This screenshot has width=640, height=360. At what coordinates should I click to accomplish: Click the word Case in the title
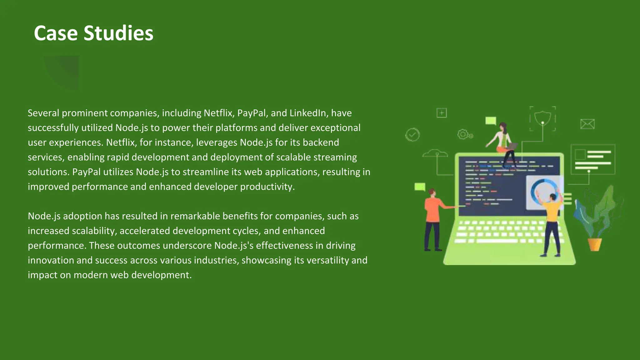point(56,33)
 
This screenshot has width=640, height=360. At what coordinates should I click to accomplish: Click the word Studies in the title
point(118,33)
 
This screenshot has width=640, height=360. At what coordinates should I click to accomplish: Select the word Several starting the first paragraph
point(43,113)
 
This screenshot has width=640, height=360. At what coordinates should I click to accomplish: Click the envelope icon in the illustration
point(587,124)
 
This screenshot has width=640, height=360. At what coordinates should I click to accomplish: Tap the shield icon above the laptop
point(542,118)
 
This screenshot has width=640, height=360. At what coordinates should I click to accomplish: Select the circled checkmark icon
point(412,135)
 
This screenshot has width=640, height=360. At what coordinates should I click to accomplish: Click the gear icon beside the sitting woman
point(463,134)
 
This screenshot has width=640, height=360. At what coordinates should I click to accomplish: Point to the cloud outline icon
point(435,153)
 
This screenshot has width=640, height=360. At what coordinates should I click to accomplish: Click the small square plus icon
point(442,113)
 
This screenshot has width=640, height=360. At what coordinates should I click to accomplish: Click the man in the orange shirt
point(433,219)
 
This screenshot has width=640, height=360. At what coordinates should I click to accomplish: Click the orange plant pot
point(595,244)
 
